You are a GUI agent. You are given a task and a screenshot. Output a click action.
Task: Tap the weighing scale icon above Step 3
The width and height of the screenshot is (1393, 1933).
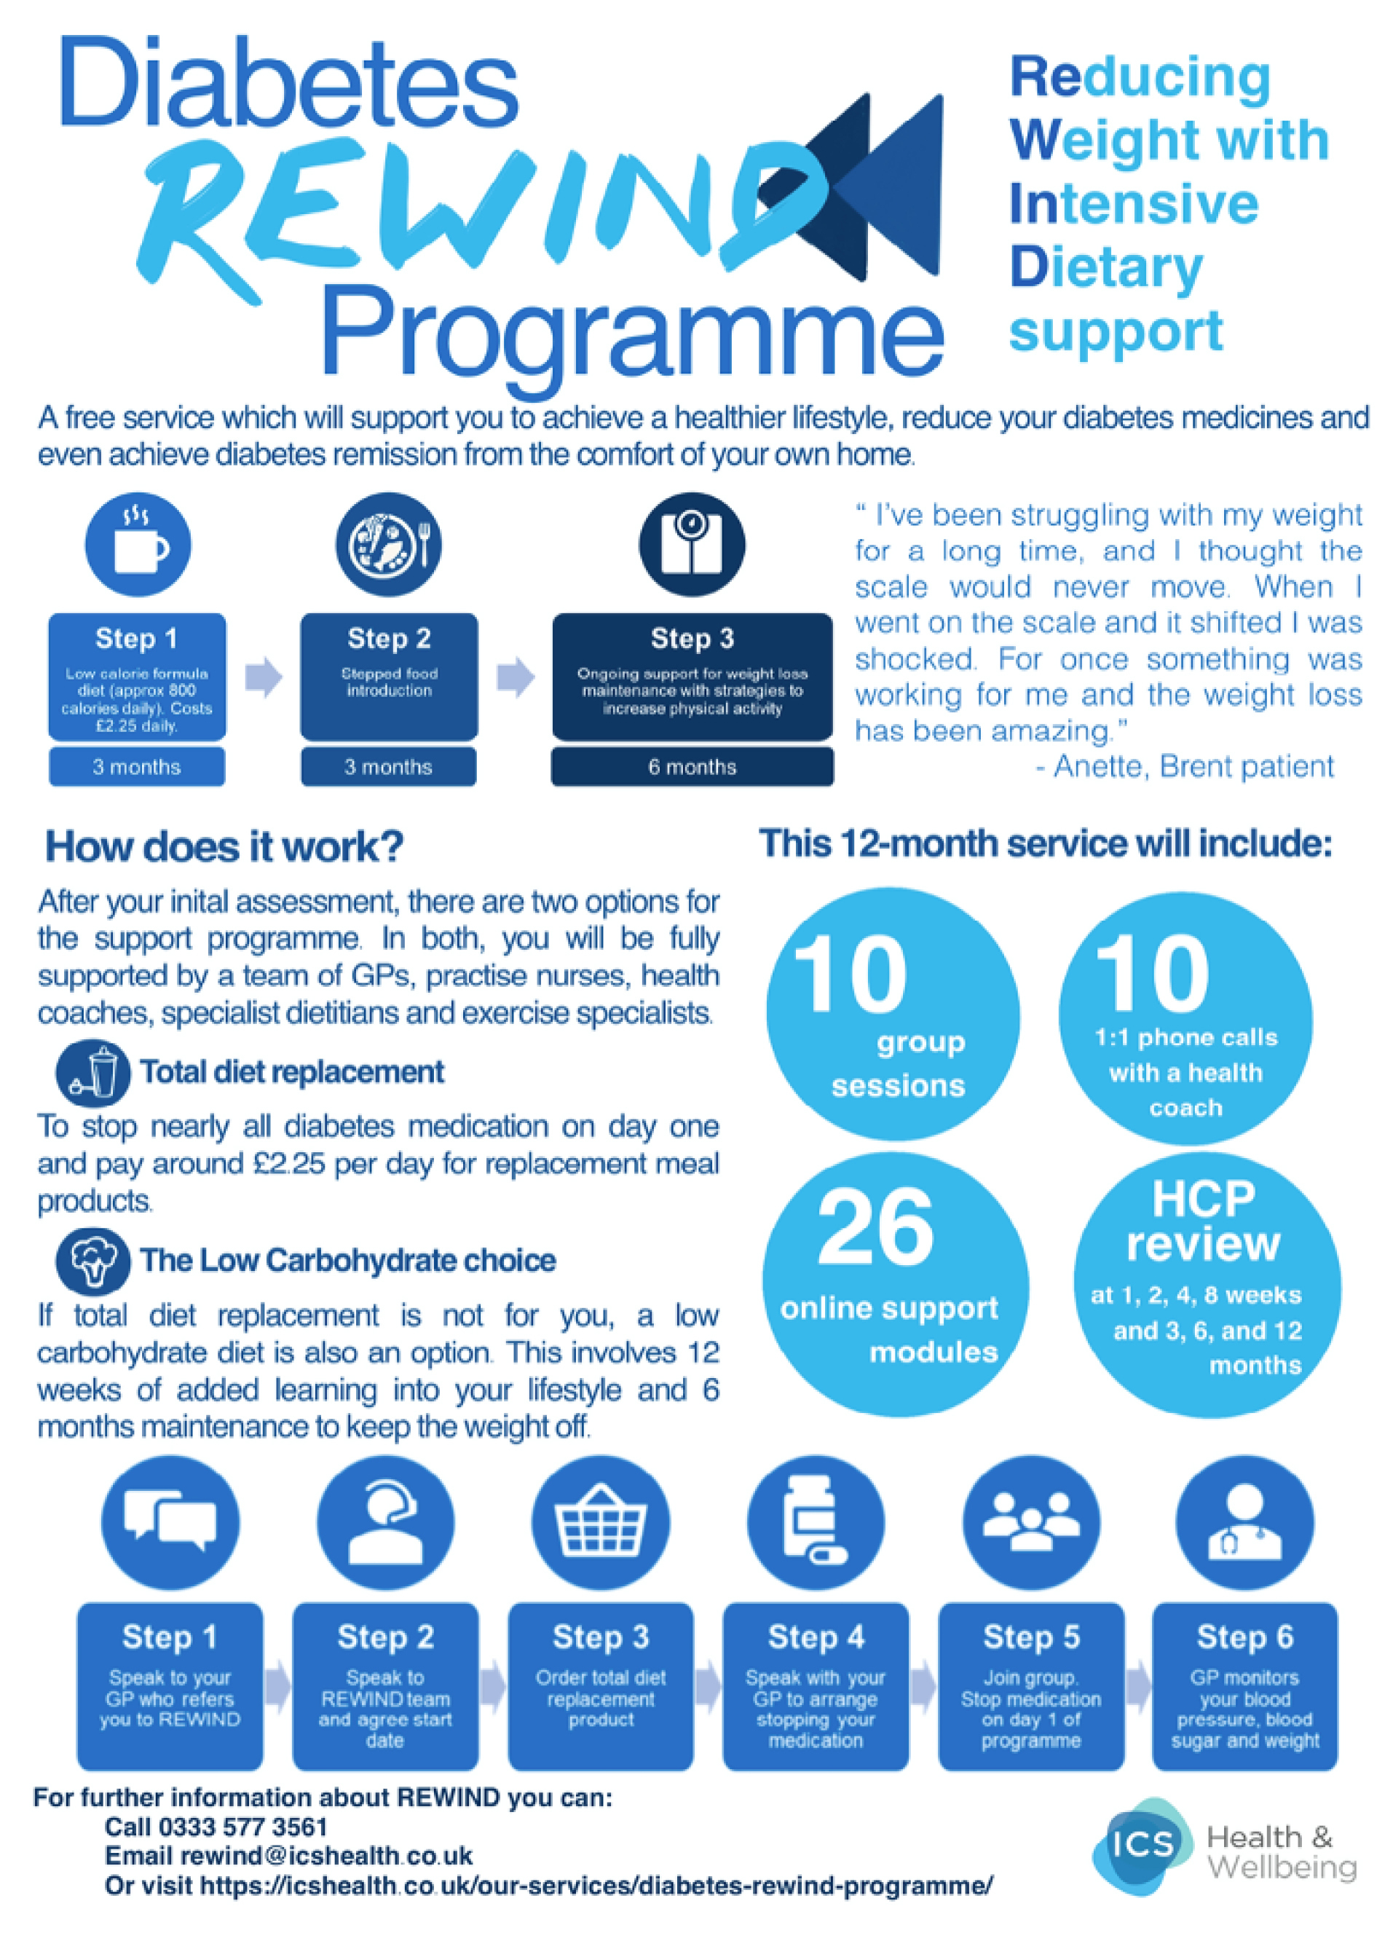coord(691,545)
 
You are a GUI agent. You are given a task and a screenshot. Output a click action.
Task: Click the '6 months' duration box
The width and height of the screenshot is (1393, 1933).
coord(691,767)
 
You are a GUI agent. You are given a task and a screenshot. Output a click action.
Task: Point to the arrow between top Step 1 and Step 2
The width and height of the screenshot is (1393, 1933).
coord(264,677)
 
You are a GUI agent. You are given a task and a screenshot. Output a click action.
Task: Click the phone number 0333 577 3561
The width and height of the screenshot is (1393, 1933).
coord(242,1827)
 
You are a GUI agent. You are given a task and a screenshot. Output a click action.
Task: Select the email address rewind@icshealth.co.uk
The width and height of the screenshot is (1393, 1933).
coord(325,1857)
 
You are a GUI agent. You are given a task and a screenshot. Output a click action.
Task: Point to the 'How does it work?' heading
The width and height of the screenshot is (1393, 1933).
coord(224,846)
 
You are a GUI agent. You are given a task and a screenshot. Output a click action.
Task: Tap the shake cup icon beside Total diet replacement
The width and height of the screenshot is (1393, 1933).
coord(94,1071)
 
